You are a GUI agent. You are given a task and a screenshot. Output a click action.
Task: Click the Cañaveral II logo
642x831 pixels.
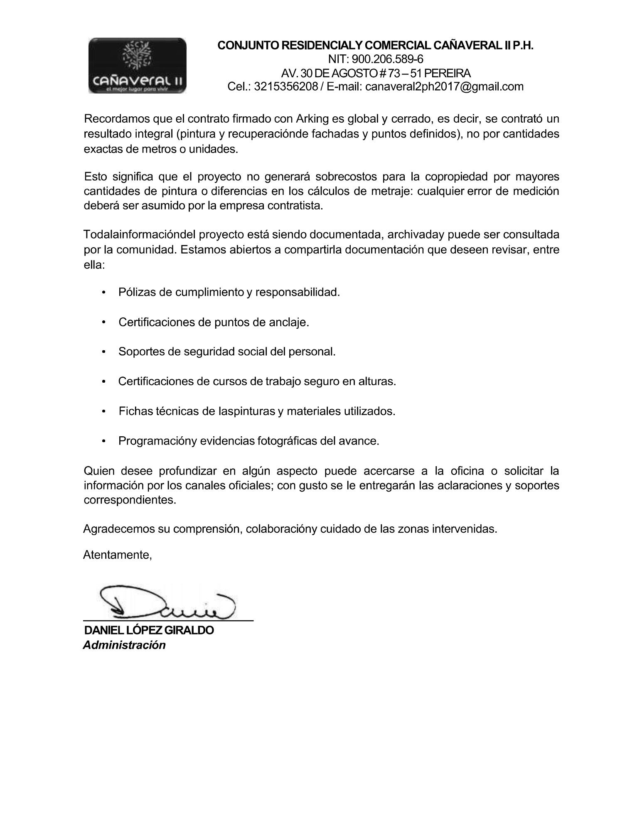(x=138, y=65)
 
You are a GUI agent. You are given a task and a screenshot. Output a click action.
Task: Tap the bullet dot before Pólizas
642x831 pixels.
(x=103, y=293)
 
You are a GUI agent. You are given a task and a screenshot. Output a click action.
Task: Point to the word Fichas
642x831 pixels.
(x=135, y=411)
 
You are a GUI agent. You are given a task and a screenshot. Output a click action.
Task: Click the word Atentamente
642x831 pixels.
(x=117, y=555)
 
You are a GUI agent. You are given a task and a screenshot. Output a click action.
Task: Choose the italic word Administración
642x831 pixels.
(x=124, y=645)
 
